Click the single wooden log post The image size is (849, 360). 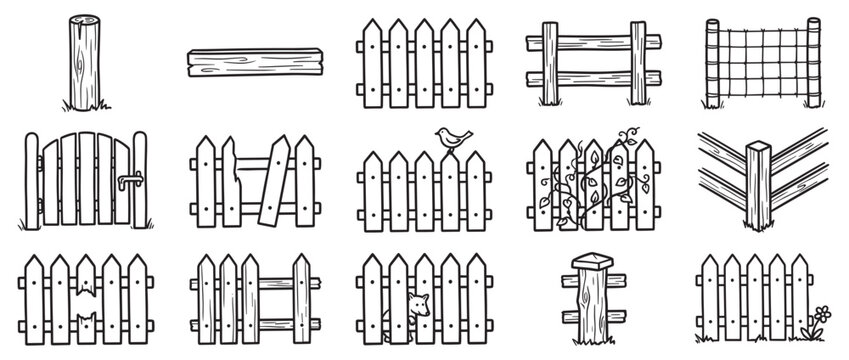81,64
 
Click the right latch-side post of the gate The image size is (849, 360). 140,182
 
